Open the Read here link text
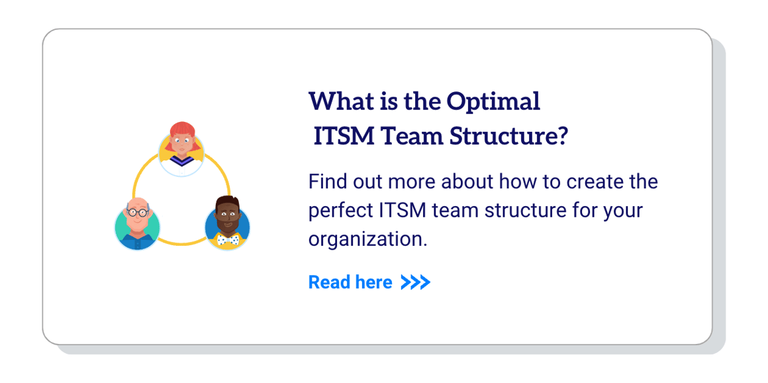(x=350, y=282)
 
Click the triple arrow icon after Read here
(x=416, y=283)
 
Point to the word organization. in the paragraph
(x=367, y=239)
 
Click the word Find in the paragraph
(x=326, y=182)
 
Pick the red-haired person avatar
(x=181, y=149)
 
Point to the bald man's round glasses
(x=138, y=213)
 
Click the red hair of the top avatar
(x=181, y=128)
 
